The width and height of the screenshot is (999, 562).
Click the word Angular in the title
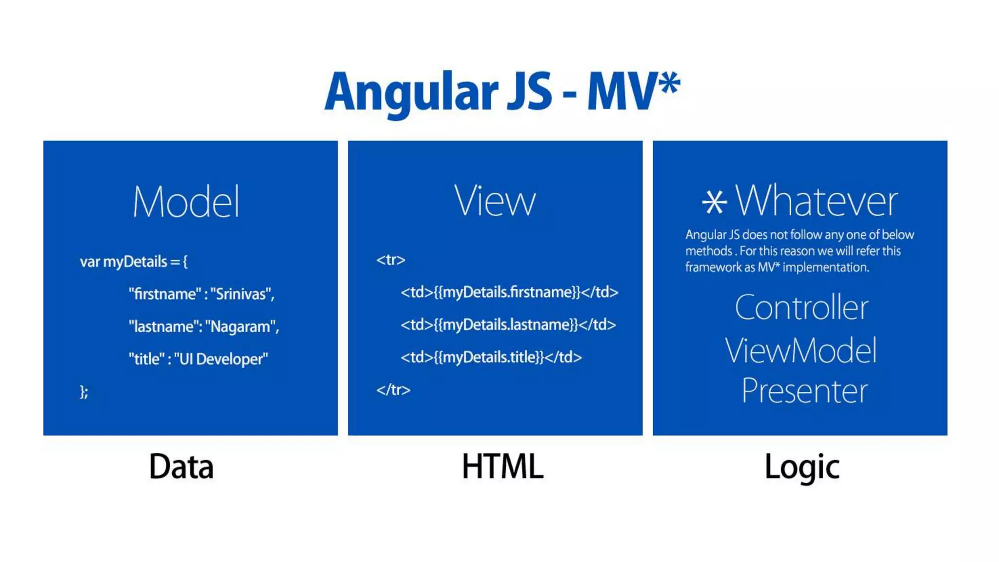pyautogui.click(x=411, y=93)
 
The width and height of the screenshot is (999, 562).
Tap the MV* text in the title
pyautogui.click(x=633, y=92)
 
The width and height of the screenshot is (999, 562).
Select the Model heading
pyautogui.click(x=186, y=201)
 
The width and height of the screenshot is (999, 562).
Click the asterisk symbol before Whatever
pyautogui.click(x=714, y=202)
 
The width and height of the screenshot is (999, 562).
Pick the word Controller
pyautogui.click(x=801, y=308)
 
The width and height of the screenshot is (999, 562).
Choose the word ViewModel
pyautogui.click(x=800, y=350)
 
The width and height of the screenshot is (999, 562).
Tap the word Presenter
pyautogui.click(x=804, y=391)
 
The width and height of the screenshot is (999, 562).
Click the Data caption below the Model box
pyautogui.click(x=181, y=467)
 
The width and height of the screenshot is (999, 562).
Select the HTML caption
pyautogui.click(x=502, y=467)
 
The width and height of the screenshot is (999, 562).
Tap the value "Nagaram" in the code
pyautogui.click(x=241, y=326)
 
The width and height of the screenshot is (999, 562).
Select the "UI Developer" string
pyautogui.click(x=221, y=359)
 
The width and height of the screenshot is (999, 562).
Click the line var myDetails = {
pyautogui.click(x=134, y=262)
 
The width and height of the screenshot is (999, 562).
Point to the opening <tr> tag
pyautogui.click(x=391, y=260)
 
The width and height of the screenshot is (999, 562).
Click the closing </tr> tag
pyautogui.click(x=393, y=390)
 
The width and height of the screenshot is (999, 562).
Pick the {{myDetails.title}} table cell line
pyautogui.click(x=491, y=358)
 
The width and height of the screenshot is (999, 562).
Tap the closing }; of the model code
pyautogui.click(x=84, y=392)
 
